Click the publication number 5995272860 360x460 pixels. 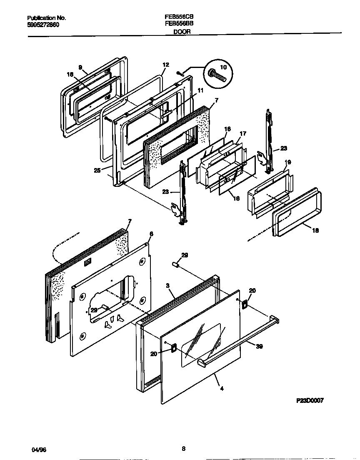pos(43,25)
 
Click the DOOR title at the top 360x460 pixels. pos(182,31)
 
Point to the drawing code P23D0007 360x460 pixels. pos(310,400)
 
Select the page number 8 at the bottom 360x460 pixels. pos(183,449)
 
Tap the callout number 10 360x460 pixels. pos(223,67)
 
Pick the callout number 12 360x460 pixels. pos(166,65)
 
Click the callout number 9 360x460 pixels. pos(80,67)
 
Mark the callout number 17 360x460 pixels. pos(243,133)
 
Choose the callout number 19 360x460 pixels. pos(288,162)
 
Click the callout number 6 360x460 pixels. pos(151,234)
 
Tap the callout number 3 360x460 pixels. pos(167,285)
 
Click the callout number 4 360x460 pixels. pos(222,389)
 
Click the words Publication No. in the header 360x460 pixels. pos(46,18)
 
